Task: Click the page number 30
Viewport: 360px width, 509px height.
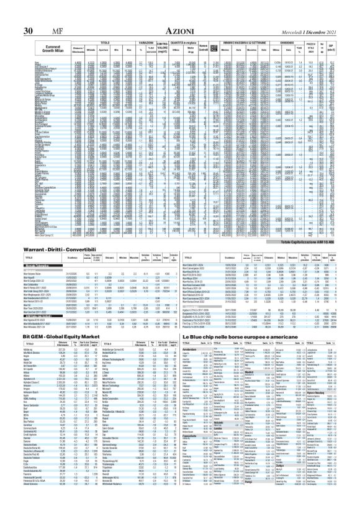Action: (28, 14)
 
